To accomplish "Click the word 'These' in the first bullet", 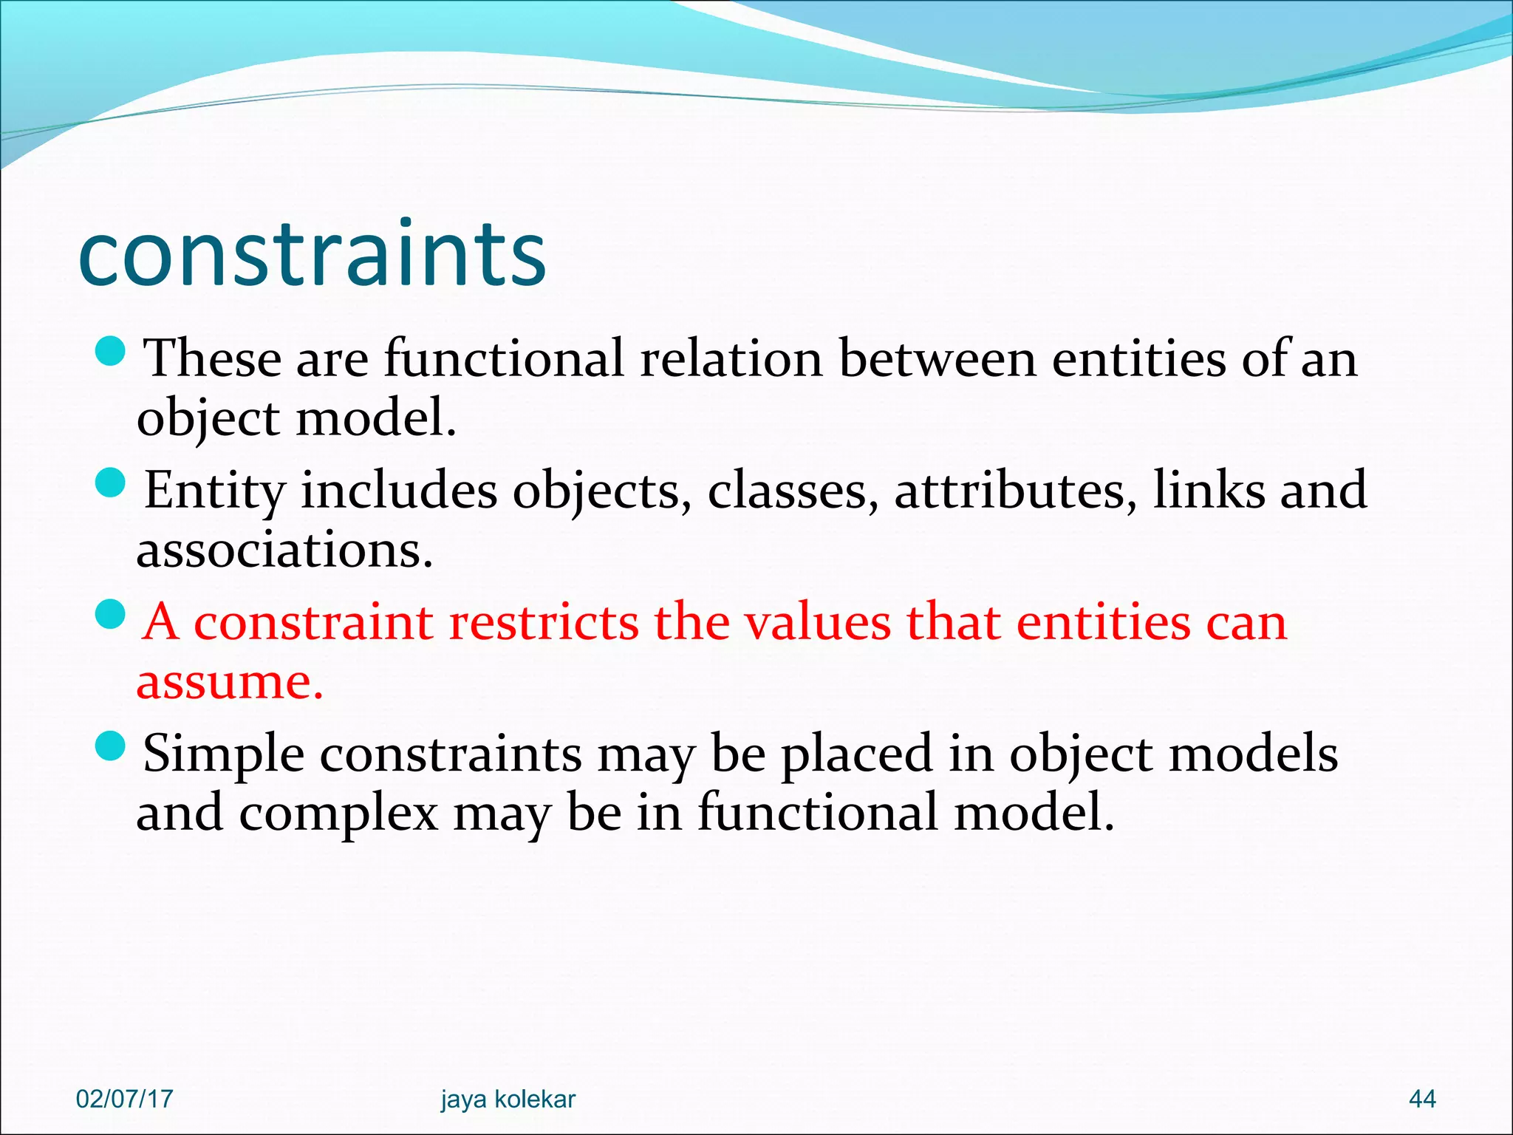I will (x=212, y=359).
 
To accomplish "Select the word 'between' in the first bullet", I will (x=937, y=359).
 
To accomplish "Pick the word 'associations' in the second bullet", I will (x=284, y=551).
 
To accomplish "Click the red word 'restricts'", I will (x=543, y=622).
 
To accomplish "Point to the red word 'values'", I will (x=818, y=622).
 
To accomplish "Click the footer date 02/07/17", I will (x=124, y=1099).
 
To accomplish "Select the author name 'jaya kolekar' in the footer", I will (x=508, y=1099).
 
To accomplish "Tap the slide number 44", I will (x=1422, y=1099).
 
